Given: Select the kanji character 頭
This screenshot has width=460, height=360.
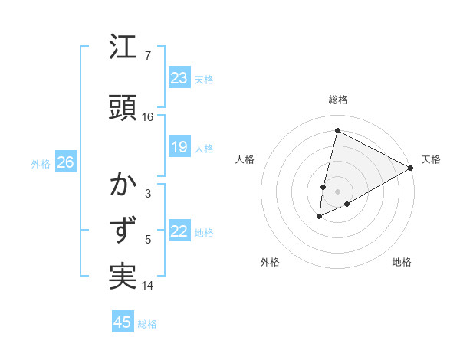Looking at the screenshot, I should pos(123,106).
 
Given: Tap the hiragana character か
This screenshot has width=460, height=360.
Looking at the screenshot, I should pos(123,185).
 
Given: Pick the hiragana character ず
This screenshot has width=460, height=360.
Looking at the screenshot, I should pos(123,230).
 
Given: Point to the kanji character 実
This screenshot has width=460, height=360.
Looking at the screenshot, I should pos(123,275).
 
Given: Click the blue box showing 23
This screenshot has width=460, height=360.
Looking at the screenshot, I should pos(179,78).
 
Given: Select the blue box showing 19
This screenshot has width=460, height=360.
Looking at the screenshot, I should pos(179,147).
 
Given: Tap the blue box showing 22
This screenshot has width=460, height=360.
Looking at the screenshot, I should pos(179,231).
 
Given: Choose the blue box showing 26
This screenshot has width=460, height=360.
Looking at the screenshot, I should pos(65,162).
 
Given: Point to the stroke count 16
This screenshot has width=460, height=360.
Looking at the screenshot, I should pos(148,117).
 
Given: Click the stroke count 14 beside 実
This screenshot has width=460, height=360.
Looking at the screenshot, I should pos(148,286).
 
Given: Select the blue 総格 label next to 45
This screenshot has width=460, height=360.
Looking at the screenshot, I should pos(147,324).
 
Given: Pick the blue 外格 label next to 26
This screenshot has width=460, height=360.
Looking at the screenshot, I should pos(41,163).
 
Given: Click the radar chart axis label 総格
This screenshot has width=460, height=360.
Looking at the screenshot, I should pos(338,100).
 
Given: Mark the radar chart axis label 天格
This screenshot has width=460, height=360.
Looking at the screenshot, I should pos(431,159).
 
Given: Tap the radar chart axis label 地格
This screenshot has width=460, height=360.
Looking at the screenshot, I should pos(402,262).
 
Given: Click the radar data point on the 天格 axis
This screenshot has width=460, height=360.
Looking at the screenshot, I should pos(411,168).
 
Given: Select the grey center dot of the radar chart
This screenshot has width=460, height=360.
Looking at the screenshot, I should pos(337,191).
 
